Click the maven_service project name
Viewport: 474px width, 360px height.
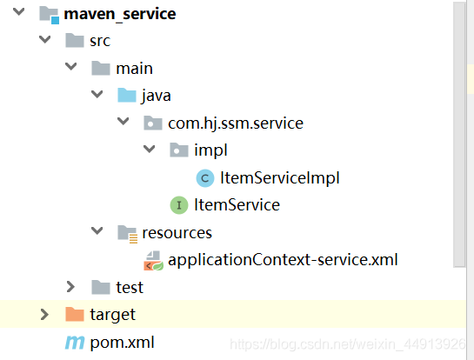120,14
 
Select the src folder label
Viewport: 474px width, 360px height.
100,41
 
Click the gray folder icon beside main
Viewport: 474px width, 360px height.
101,68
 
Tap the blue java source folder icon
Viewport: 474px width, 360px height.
127,95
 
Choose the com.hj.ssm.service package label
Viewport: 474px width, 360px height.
236,123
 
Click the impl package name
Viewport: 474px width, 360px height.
210,150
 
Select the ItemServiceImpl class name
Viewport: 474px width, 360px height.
280,177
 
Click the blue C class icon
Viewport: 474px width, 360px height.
205,178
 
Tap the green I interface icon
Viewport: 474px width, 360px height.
179,205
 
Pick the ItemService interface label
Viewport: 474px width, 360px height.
237,205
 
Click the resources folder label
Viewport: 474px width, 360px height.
177,233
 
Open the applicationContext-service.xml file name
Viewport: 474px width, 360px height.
283,260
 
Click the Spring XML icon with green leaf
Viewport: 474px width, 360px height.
153,261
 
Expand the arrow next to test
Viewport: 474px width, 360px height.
70,287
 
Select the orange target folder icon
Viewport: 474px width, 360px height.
75,315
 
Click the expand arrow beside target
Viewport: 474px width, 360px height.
44,315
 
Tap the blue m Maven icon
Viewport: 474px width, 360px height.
75,343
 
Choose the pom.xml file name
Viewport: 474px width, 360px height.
122,343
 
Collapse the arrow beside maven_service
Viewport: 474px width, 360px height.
19,12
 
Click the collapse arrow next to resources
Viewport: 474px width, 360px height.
97,231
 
